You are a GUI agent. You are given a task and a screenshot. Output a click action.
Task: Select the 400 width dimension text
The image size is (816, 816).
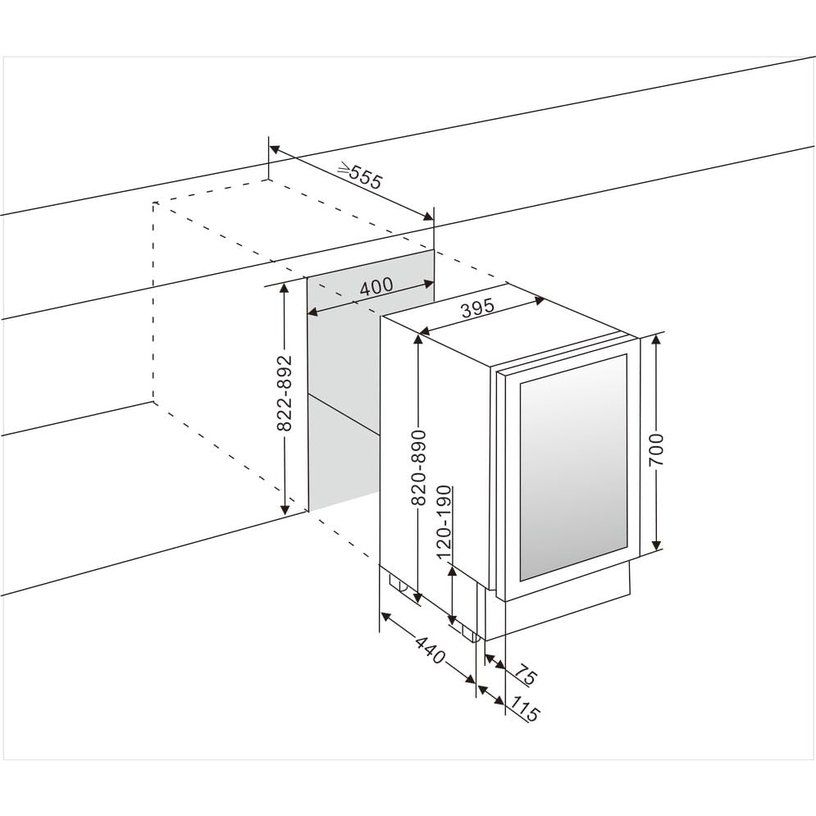coord(376,286)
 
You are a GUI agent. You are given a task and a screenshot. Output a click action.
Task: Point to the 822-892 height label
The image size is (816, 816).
coord(284,394)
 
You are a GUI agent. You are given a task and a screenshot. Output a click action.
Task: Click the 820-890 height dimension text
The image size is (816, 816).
coord(418,468)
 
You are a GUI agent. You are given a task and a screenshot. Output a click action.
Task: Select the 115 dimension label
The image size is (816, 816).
coord(525,709)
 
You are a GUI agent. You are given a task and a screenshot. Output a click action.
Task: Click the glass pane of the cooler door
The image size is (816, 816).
coord(572,464)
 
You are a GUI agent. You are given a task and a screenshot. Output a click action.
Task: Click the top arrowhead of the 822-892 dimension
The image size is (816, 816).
coord(285,286)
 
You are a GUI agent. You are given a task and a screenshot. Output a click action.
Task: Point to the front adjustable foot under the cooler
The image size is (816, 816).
coord(469,632)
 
